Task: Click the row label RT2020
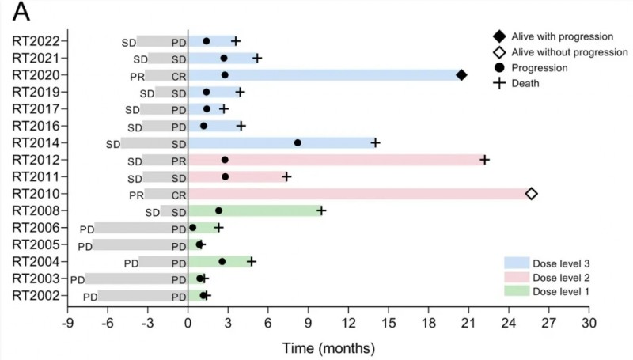pos(38,75)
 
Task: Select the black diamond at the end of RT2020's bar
pos(461,75)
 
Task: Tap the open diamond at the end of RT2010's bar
pos(531,194)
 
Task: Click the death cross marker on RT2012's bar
pos(484,160)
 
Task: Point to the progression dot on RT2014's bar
pos(298,143)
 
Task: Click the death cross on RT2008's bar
pos(321,210)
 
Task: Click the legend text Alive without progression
pos(570,52)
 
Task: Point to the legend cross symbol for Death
pos(499,83)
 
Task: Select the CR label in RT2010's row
pos(179,194)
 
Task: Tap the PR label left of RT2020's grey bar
pos(136,76)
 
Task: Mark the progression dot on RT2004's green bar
pos(222,261)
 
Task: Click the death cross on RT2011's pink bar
pos(286,176)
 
